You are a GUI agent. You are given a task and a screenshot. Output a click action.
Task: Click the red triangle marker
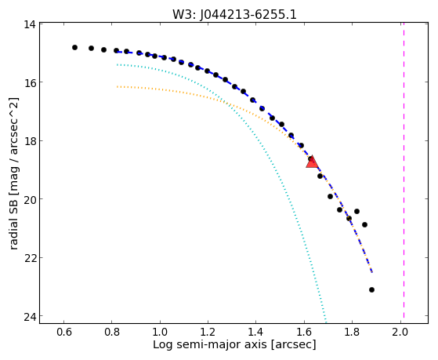click(312, 162)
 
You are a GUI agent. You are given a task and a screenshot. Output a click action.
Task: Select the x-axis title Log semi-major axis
click(234, 344)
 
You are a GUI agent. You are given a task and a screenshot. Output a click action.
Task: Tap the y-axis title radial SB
click(13, 173)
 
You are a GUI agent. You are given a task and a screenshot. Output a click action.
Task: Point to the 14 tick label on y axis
click(30, 24)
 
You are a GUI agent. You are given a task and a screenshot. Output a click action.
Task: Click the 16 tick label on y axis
click(30, 82)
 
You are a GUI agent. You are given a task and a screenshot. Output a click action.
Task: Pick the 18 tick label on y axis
click(30, 140)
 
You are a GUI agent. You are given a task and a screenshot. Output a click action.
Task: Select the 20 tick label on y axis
click(30, 199)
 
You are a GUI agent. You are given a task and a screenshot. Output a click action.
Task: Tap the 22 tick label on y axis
click(30, 257)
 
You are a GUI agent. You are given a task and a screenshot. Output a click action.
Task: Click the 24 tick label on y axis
click(30, 316)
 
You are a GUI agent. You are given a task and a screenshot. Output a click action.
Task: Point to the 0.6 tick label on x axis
click(64, 333)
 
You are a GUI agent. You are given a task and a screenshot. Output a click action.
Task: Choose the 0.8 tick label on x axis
click(112, 333)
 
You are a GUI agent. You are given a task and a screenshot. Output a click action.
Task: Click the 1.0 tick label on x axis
click(160, 333)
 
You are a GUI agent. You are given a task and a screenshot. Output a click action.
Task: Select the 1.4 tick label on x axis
click(256, 333)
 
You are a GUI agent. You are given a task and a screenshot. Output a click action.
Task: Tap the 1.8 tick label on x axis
click(353, 333)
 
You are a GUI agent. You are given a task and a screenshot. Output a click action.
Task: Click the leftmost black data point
click(74, 48)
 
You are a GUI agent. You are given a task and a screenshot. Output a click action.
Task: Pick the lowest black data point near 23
click(371, 289)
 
